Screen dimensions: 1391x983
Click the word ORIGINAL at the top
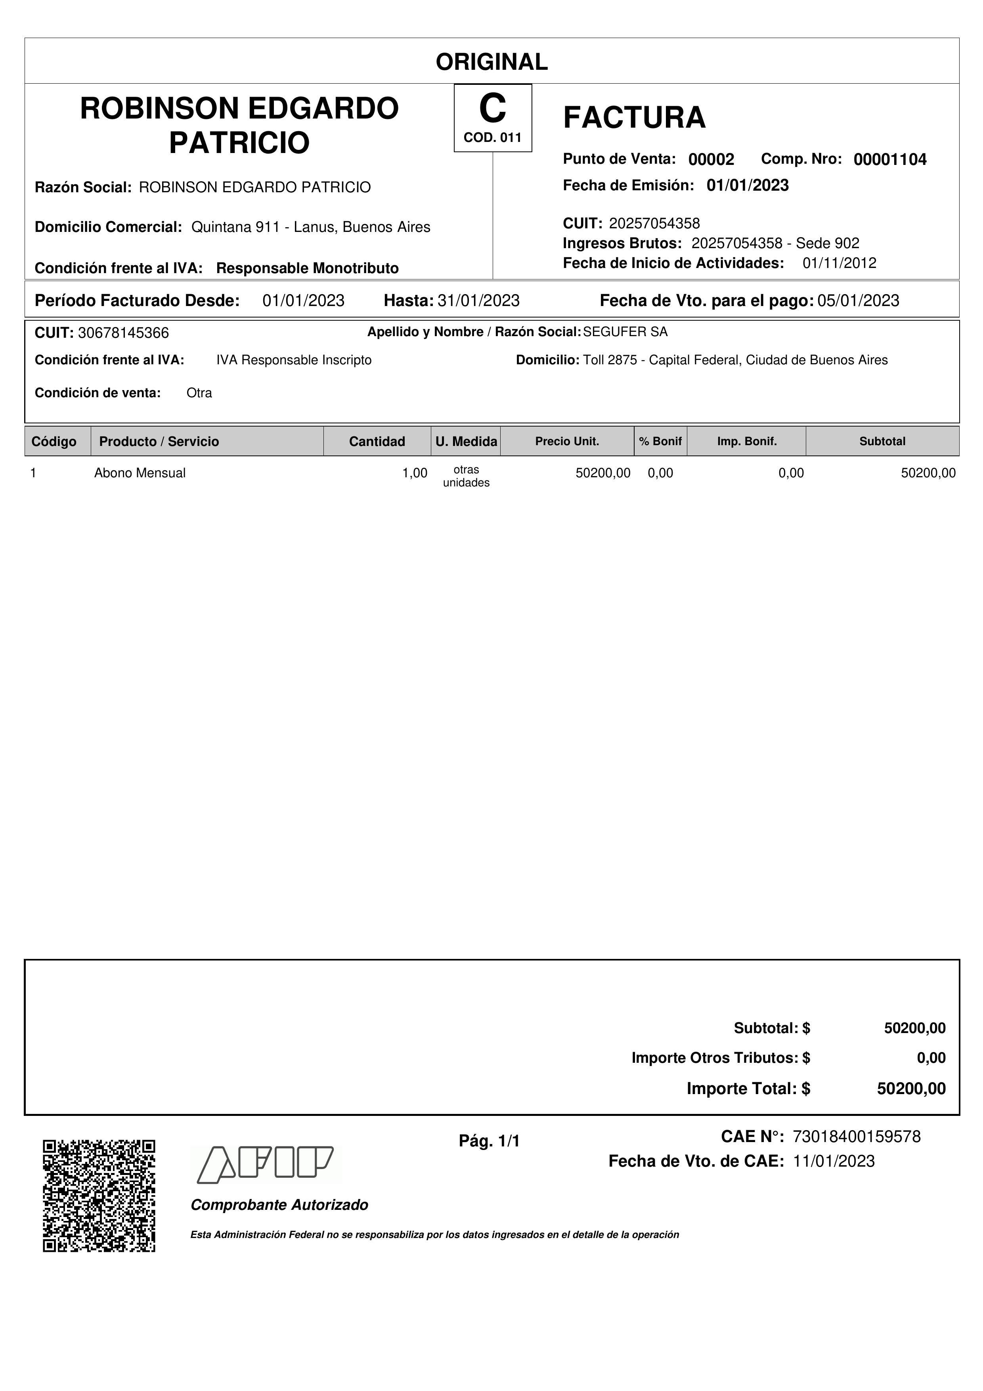[491, 62]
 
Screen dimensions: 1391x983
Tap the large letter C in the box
[492, 109]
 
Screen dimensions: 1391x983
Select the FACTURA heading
[634, 117]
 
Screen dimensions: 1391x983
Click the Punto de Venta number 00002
[711, 159]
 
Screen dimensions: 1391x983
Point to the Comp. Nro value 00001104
[890, 159]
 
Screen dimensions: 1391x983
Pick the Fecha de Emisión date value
[748, 186]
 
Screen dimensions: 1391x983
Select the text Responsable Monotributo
[307, 268]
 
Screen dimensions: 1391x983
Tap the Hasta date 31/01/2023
[478, 300]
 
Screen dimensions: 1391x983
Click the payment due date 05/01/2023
[858, 300]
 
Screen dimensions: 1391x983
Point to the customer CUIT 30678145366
[124, 333]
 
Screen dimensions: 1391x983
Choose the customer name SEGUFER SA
[625, 332]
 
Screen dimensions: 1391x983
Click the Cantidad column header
[377, 441]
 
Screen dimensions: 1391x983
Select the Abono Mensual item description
[140, 473]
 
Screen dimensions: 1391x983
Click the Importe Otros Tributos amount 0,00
[931, 1058]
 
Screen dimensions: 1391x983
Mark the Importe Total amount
[911, 1089]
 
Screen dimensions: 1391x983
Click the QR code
[99, 1196]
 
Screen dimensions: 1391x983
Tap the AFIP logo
[266, 1164]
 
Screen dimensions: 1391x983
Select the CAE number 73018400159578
[857, 1137]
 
